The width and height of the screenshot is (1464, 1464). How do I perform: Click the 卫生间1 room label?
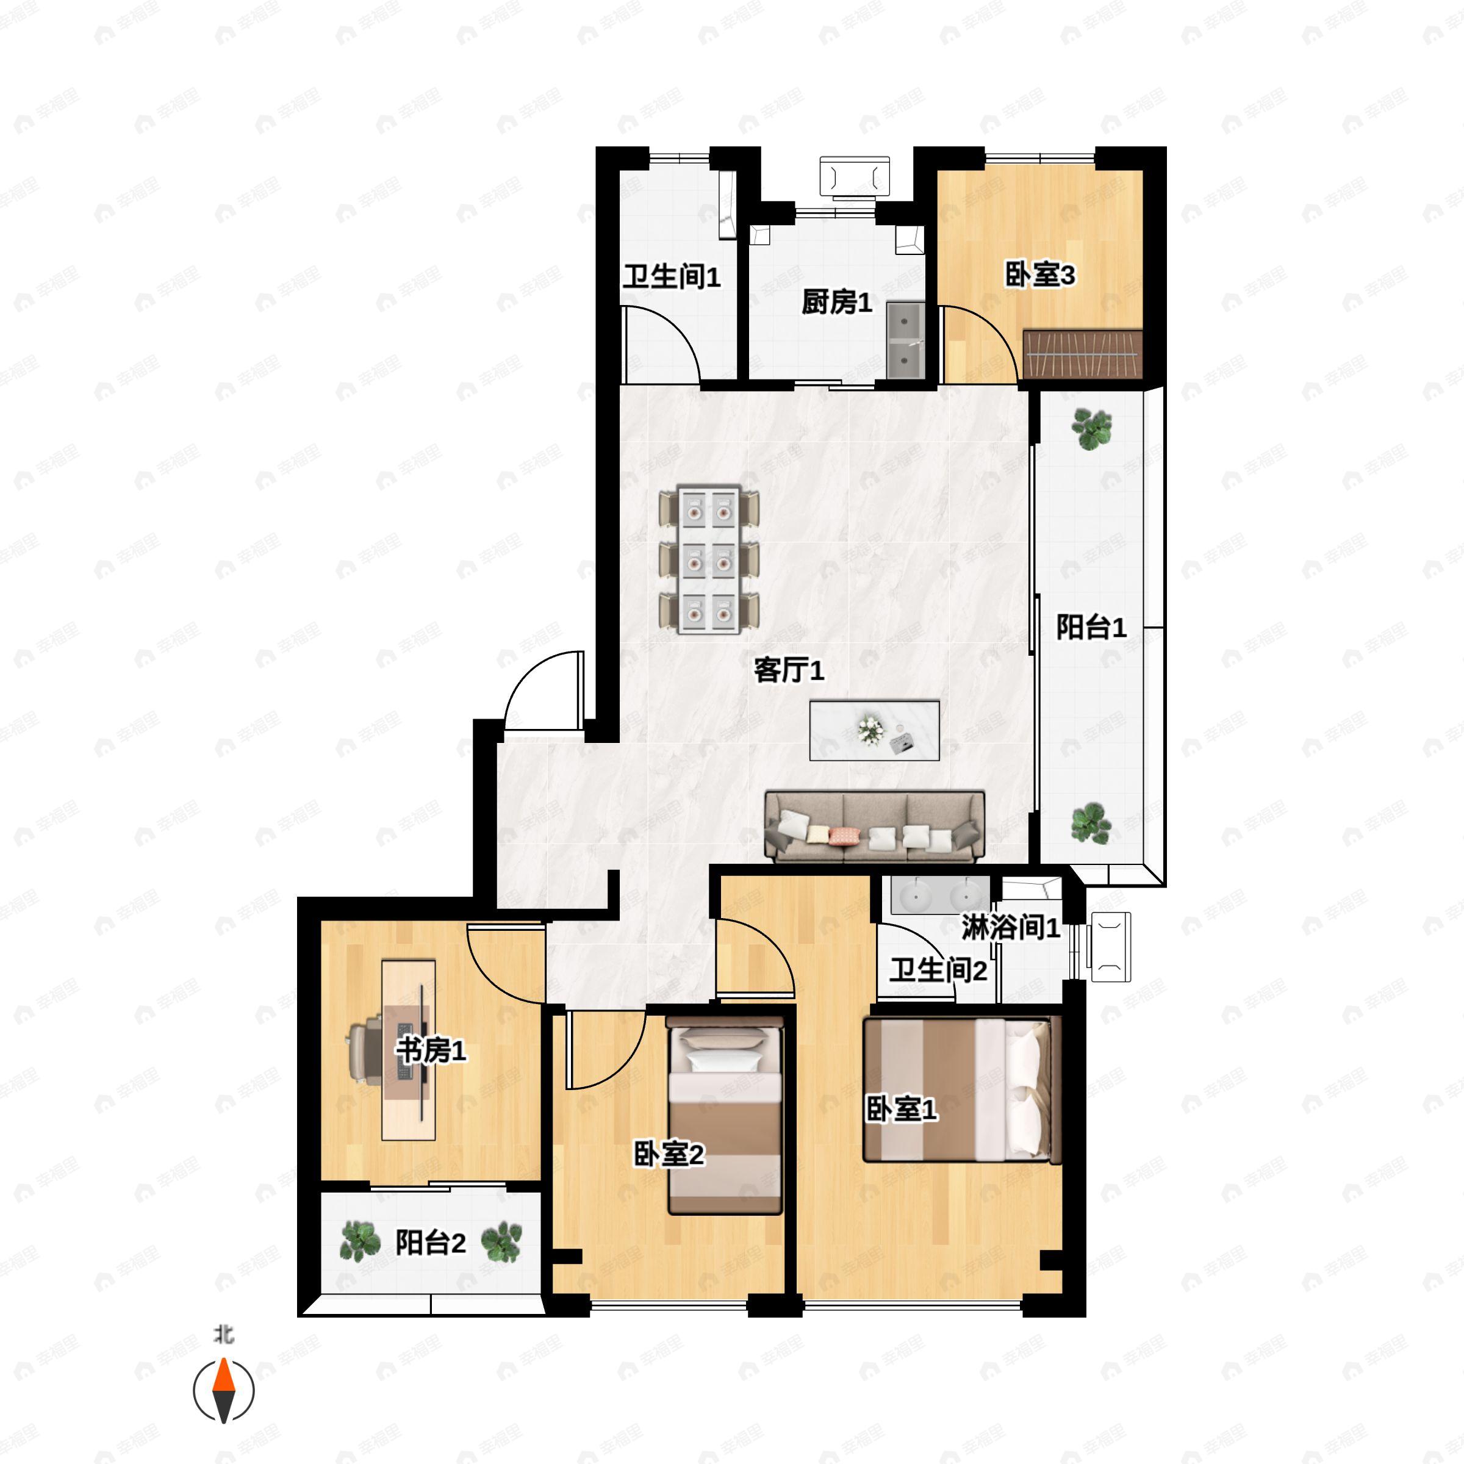672,278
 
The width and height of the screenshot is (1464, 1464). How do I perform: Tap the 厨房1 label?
836,303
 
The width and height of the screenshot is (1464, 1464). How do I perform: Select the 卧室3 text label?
1039,274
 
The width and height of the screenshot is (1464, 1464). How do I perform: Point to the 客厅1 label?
789,670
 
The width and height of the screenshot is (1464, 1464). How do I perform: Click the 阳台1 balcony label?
1091,628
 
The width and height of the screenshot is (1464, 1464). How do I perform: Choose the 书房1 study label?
431,1050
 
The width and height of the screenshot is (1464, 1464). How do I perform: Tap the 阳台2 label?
431,1243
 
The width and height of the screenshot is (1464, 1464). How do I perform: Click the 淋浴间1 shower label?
1011,927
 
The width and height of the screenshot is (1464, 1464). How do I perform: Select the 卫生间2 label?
938,970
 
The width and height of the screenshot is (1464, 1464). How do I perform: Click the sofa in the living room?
875,827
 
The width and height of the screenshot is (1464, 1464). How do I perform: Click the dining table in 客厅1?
708,560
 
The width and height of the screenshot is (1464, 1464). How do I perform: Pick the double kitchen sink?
905,340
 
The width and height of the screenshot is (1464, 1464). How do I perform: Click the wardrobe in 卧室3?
1082,354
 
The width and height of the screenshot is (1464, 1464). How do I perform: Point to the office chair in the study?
366,1049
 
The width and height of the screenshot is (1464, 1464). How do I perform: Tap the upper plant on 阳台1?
1091,429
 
